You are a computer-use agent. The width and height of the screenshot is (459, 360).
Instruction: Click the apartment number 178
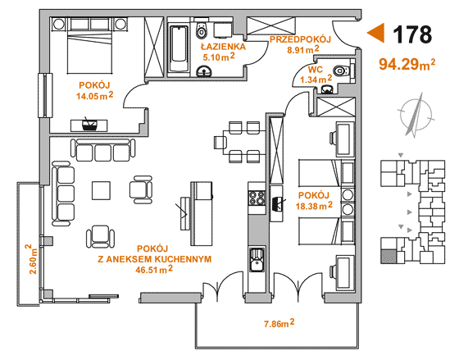(x=412, y=34)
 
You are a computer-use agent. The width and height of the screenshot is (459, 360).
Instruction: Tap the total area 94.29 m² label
(x=407, y=65)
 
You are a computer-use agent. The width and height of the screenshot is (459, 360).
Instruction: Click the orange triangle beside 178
(x=375, y=33)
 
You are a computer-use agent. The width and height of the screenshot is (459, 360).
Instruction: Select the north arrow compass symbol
(x=415, y=115)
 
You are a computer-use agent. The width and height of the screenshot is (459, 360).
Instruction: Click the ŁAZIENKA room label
(x=223, y=47)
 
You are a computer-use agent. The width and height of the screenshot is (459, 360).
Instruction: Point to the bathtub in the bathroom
(x=179, y=48)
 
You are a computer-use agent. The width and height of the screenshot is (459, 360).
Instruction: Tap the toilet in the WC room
(x=341, y=71)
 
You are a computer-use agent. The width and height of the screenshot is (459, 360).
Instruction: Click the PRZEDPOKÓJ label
(x=300, y=39)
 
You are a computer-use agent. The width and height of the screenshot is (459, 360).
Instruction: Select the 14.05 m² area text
(x=95, y=95)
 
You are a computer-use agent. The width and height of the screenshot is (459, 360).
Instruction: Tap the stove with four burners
(x=257, y=198)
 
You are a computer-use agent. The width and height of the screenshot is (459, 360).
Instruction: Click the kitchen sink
(x=257, y=260)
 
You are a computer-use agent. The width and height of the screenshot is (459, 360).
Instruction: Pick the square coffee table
(x=102, y=191)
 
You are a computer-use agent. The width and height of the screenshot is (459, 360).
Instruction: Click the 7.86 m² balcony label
(x=279, y=323)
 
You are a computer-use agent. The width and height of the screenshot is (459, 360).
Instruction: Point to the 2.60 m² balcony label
(x=33, y=259)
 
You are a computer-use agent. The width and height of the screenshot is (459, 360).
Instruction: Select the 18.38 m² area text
(x=314, y=206)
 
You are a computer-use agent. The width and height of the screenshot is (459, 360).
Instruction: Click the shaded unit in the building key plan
(x=389, y=257)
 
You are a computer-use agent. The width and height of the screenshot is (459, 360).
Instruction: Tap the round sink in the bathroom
(x=204, y=71)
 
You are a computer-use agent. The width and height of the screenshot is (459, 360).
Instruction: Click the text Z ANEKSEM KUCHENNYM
(x=155, y=259)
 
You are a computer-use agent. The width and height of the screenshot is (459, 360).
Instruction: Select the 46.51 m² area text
(x=154, y=270)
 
